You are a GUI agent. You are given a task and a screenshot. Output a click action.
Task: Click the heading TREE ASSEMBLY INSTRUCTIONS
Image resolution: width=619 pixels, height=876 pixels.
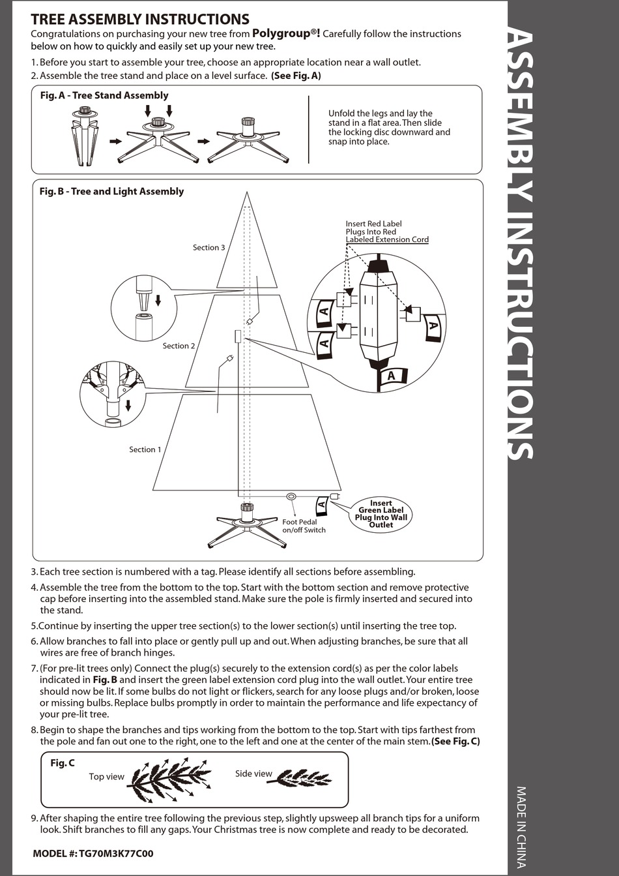point(139,20)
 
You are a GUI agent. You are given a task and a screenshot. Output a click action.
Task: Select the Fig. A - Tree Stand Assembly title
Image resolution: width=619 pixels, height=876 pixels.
point(104,95)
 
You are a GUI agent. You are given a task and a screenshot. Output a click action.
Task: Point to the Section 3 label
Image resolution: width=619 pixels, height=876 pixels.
point(209,247)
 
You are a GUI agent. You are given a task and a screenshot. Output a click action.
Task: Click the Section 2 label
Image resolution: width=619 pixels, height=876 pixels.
point(179,346)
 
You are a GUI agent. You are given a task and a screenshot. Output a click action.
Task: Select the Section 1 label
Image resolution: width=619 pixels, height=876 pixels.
point(145,449)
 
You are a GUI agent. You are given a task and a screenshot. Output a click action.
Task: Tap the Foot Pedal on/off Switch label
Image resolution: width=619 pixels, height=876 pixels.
point(304,526)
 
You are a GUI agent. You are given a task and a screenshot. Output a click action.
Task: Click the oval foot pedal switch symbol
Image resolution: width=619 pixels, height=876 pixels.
point(291,497)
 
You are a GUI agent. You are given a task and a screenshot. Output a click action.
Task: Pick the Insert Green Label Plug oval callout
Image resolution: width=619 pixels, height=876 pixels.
point(381,514)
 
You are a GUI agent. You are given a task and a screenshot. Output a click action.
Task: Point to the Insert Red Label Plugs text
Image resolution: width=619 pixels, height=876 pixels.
point(386,232)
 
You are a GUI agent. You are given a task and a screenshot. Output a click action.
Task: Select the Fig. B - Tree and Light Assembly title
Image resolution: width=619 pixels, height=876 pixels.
point(111,191)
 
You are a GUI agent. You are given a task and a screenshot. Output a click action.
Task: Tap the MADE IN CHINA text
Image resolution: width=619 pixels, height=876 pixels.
point(521,826)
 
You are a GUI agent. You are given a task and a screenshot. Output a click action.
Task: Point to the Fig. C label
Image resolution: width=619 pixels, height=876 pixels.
point(63,763)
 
